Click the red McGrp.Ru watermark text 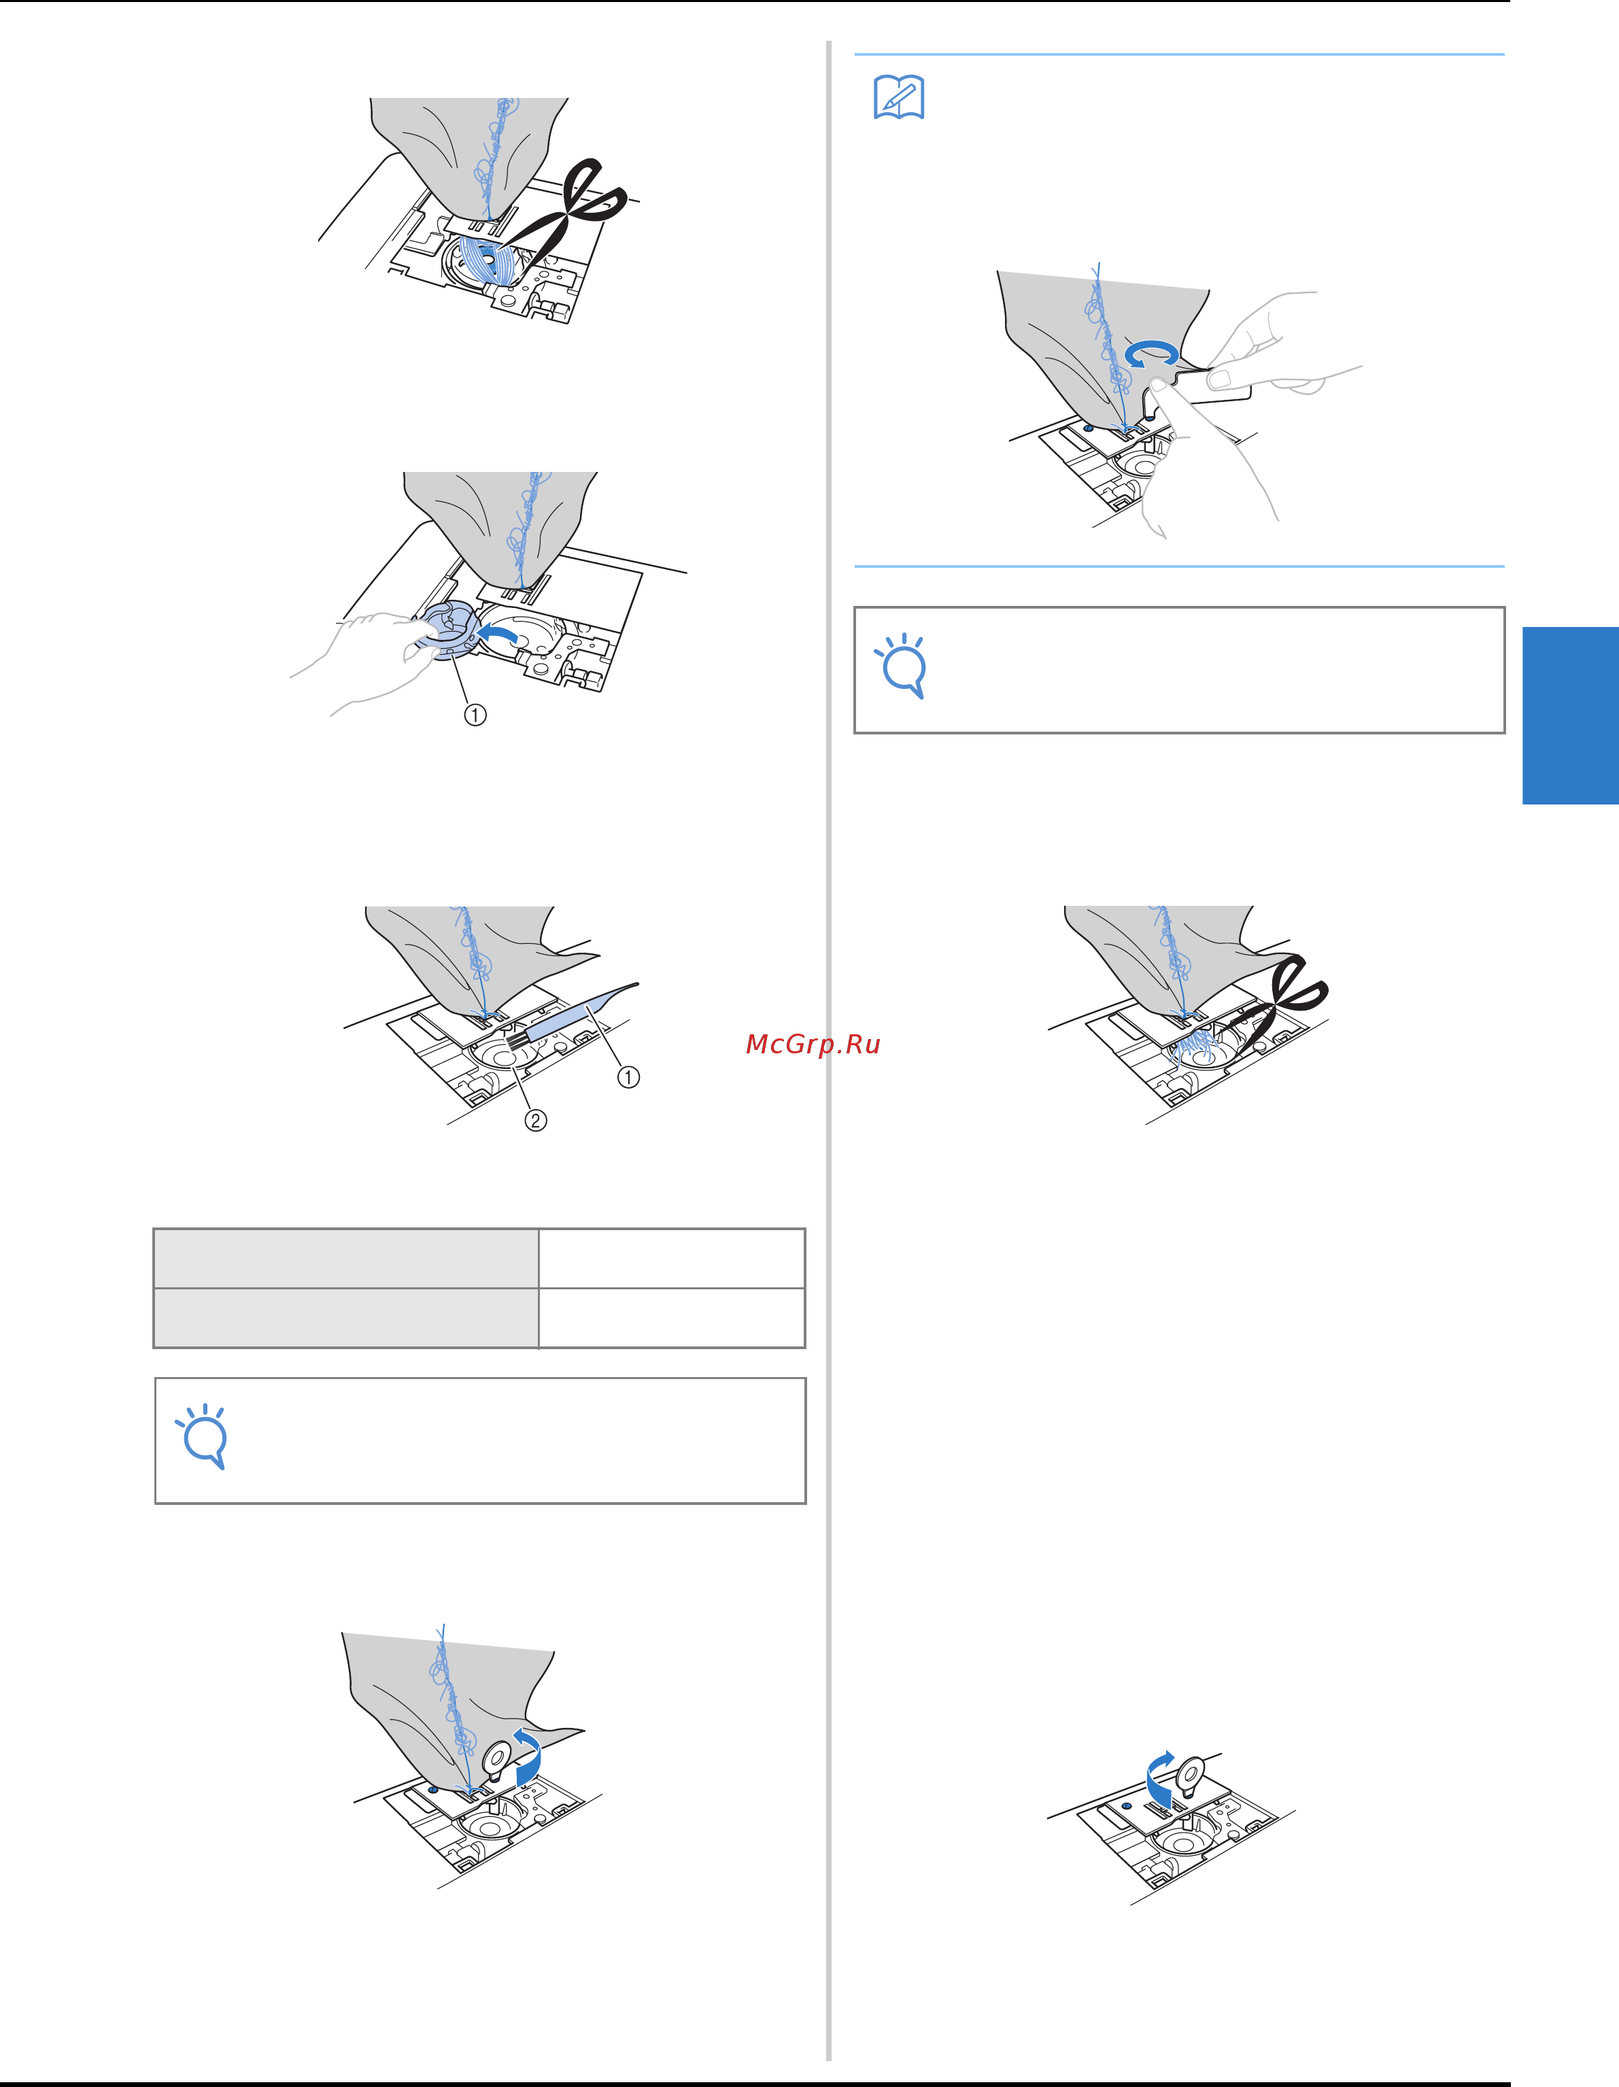point(813,1045)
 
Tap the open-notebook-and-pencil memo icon point(900,97)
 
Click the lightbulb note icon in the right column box point(901,666)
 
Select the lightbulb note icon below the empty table point(202,1436)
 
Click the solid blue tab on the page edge point(1570,716)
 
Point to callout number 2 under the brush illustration point(536,1120)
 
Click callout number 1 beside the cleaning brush point(628,1077)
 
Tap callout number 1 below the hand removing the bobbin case point(475,715)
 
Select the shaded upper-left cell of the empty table point(346,1259)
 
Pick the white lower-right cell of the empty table point(672,1318)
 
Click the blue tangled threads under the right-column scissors point(1195,1045)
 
